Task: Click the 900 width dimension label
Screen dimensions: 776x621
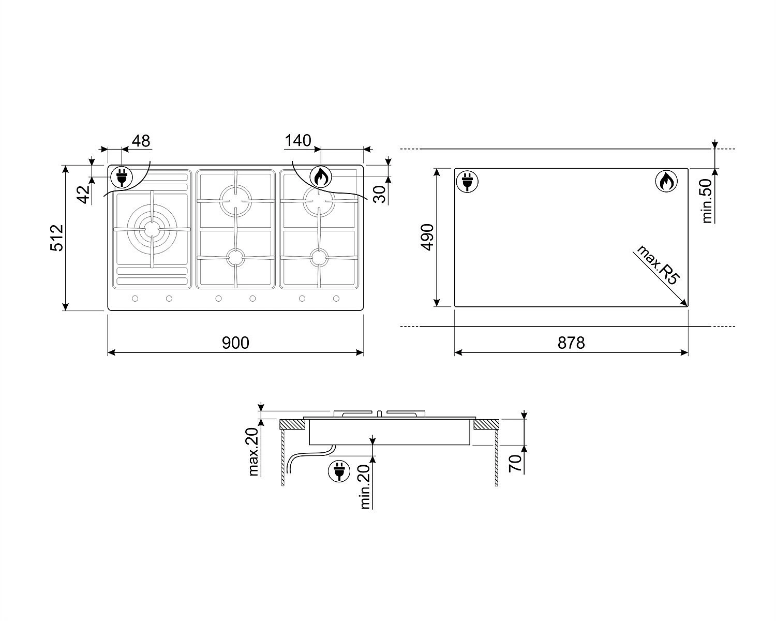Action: (x=235, y=343)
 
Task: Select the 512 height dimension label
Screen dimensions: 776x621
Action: (x=57, y=238)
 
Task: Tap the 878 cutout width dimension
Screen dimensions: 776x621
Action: (x=571, y=343)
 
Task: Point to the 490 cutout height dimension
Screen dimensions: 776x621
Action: (x=428, y=237)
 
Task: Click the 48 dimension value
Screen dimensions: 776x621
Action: (x=141, y=141)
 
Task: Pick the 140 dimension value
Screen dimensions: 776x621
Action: (x=298, y=140)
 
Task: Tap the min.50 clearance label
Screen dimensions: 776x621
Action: (x=707, y=201)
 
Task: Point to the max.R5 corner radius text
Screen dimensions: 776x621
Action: (x=658, y=265)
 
